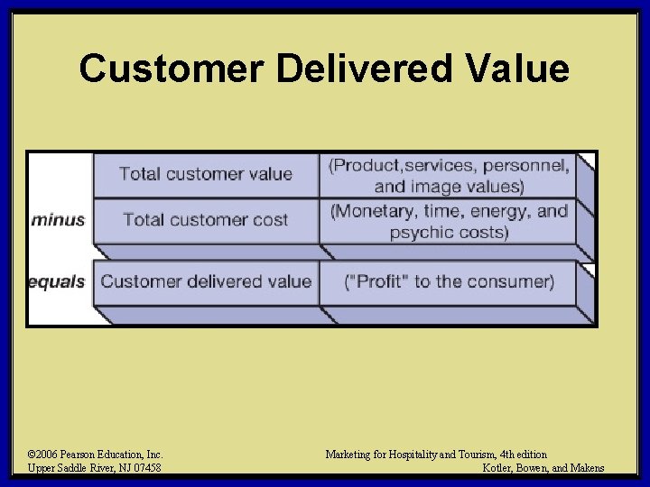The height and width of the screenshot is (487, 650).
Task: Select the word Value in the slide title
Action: click(x=518, y=69)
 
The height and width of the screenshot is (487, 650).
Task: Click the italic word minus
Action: click(x=58, y=219)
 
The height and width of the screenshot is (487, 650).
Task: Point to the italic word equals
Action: click(x=57, y=281)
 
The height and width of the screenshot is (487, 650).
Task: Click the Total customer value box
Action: click(x=206, y=173)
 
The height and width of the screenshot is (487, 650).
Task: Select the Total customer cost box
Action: click(x=206, y=219)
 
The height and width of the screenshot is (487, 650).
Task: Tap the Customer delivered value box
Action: click(x=206, y=281)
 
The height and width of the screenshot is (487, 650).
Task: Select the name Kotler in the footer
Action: click(x=503, y=468)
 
